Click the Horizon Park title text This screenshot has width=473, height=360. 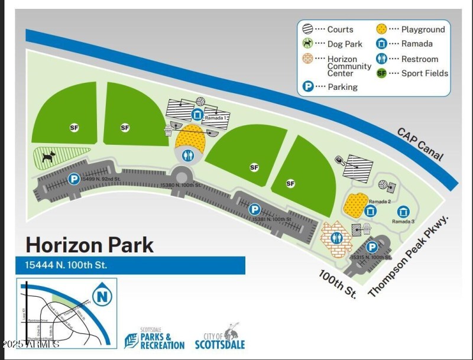pos(89,244)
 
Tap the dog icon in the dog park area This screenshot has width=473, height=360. pos(48,157)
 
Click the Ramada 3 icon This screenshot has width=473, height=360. pos(404,212)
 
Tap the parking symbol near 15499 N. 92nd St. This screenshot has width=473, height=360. pos(74,179)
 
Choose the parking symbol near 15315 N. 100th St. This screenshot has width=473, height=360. pos(372,248)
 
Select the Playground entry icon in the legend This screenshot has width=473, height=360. pos(382,28)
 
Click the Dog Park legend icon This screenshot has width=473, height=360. pos(307,43)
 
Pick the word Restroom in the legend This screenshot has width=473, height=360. pos(420,59)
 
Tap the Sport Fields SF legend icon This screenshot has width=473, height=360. pos(382,73)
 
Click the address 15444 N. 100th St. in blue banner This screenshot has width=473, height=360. pos(66,265)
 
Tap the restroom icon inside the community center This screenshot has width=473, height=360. pos(337,238)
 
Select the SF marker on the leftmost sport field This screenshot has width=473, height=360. pos(74,127)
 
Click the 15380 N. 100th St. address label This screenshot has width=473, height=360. pos(180,185)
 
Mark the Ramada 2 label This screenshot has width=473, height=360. pos(381,202)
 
